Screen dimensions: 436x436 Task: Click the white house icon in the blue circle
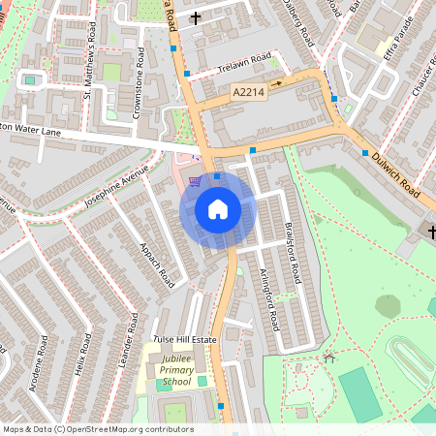point(218,209)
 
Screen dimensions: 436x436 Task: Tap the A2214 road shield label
point(248,91)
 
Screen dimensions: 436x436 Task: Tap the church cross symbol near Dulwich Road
point(431,231)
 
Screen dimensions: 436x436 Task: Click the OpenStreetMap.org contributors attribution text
point(127,428)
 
